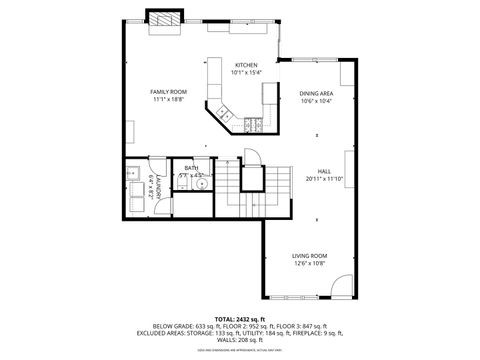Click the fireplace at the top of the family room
click(x=166, y=19)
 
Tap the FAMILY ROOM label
click(x=169, y=91)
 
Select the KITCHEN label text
click(x=246, y=64)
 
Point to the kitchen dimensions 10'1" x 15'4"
click(x=246, y=72)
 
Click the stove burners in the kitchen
click(x=251, y=124)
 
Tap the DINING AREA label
click(x=315, y=93)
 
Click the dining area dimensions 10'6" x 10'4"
click(x=315, y=101)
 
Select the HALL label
click(x=324, y=171)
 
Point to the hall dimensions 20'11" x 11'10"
click(x=324, y=179)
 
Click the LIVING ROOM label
click(x=309, y=255)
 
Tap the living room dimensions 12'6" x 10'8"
click(x=309, y=263)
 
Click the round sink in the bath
click(x=201, y=184)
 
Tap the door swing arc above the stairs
click(x=252, y=158)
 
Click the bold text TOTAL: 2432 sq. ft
click(x=239, y=317)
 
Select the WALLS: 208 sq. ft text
click(x=240, y=341)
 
